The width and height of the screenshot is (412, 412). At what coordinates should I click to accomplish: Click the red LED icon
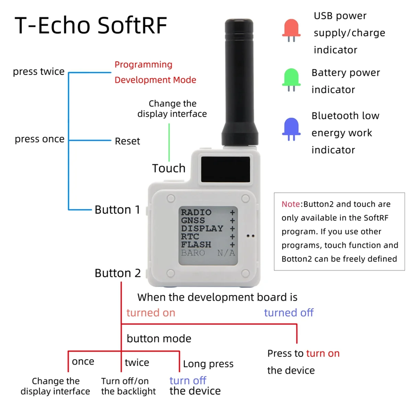click(291, 29)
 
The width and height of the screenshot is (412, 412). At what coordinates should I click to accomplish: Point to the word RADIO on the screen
click(196, 212)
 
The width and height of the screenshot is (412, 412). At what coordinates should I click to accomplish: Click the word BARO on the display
click(193, 253)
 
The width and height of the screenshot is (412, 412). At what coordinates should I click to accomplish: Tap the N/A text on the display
click(226, 253)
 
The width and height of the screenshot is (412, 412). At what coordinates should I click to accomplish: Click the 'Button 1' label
click(117, 209)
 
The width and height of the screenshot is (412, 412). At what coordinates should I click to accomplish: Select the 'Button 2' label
click(117, 273)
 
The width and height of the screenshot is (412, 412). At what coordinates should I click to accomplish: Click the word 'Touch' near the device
click(169, 168)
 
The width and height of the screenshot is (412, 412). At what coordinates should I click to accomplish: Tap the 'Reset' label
click(127, 141)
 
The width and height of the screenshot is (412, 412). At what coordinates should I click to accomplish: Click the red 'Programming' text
click(144, 65)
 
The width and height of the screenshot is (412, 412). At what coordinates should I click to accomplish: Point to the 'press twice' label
click(39, 71)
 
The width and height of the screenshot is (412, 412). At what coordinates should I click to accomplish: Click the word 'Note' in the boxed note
click(290, 204)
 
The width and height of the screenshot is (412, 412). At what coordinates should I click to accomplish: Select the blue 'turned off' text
click(289, 313)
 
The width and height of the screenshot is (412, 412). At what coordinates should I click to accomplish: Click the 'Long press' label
click(208, 364)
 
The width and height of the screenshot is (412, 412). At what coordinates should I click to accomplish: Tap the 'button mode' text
click(159, 339)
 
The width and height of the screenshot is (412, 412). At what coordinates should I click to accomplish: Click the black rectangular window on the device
click(226, 170)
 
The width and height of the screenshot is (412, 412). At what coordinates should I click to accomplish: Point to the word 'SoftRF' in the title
click(133, 25)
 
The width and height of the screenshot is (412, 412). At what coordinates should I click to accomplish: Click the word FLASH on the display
click(196, 244)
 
